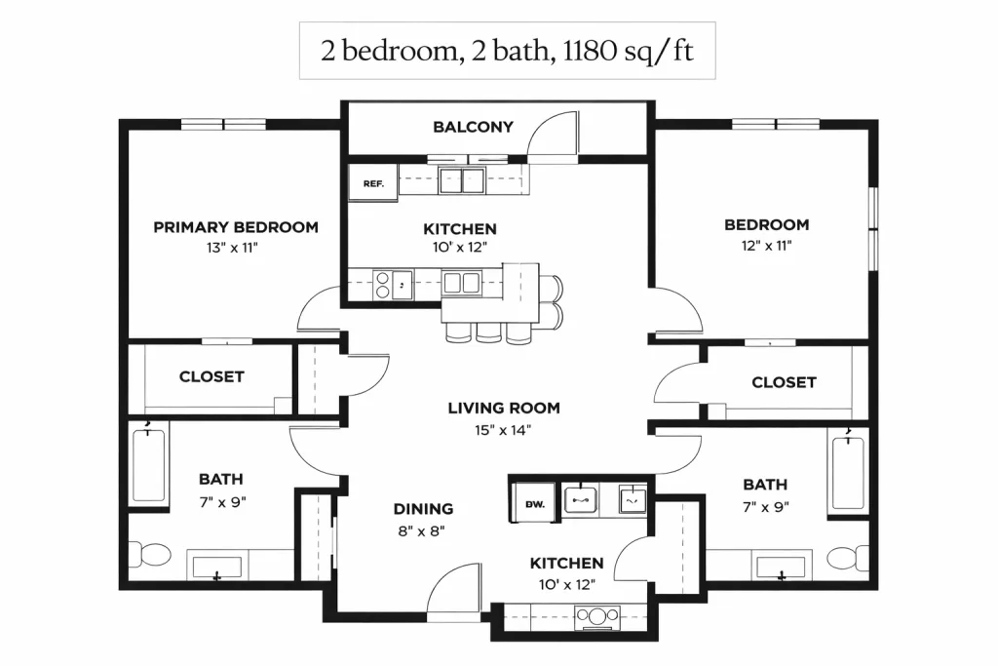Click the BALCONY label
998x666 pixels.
click(x=473, y=127)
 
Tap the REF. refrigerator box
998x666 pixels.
click(x=373, y=182)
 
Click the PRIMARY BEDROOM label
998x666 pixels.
click(x=236, y=227)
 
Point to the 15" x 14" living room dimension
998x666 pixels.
click(x=503, y=430)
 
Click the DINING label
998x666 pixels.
click(x=423, y=509)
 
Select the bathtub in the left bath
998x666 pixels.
click(x=149, y=465)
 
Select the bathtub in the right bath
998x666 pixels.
click(x=849, y=471)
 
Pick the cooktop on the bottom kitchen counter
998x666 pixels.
click(x=596, y=615)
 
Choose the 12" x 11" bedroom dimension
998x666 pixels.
click(x=766, y=246)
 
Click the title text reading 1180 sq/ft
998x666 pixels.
click(x=628, y=51)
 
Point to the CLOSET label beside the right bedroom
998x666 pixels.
click(x=784, y=382)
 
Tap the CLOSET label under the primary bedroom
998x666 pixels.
click(x=211, y=377)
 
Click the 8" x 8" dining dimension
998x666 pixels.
click(x=421, y=530)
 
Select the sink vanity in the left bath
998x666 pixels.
click(x=217, y=566)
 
